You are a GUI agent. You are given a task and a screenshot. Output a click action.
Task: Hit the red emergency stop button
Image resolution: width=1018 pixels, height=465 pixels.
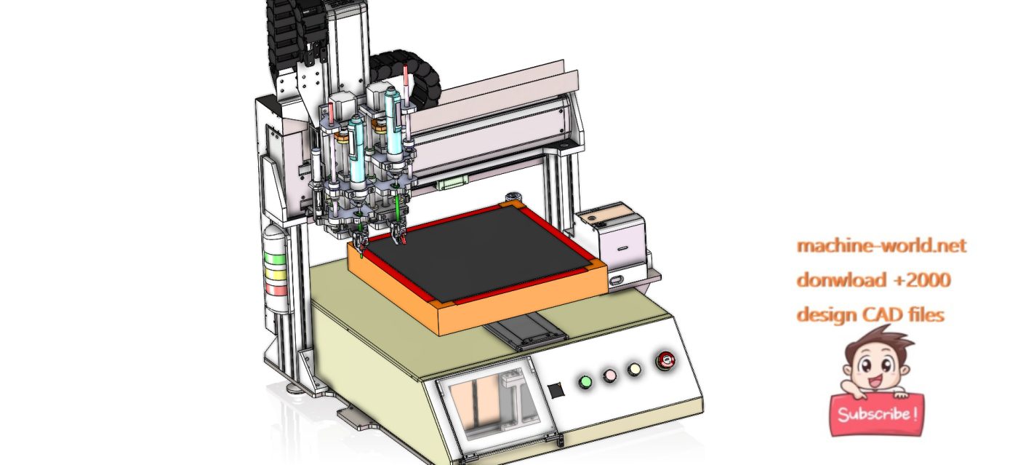665,360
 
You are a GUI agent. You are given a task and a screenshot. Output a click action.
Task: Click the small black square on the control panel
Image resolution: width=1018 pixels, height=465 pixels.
556,390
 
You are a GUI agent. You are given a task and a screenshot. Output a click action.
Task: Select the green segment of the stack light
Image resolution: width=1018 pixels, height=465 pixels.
274,259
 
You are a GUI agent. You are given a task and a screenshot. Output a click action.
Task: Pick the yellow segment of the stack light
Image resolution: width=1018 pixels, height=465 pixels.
275,274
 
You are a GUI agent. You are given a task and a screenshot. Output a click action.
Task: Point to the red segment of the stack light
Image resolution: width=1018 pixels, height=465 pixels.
276,289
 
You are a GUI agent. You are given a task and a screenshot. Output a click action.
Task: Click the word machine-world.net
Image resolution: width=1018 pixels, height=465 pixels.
881,246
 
